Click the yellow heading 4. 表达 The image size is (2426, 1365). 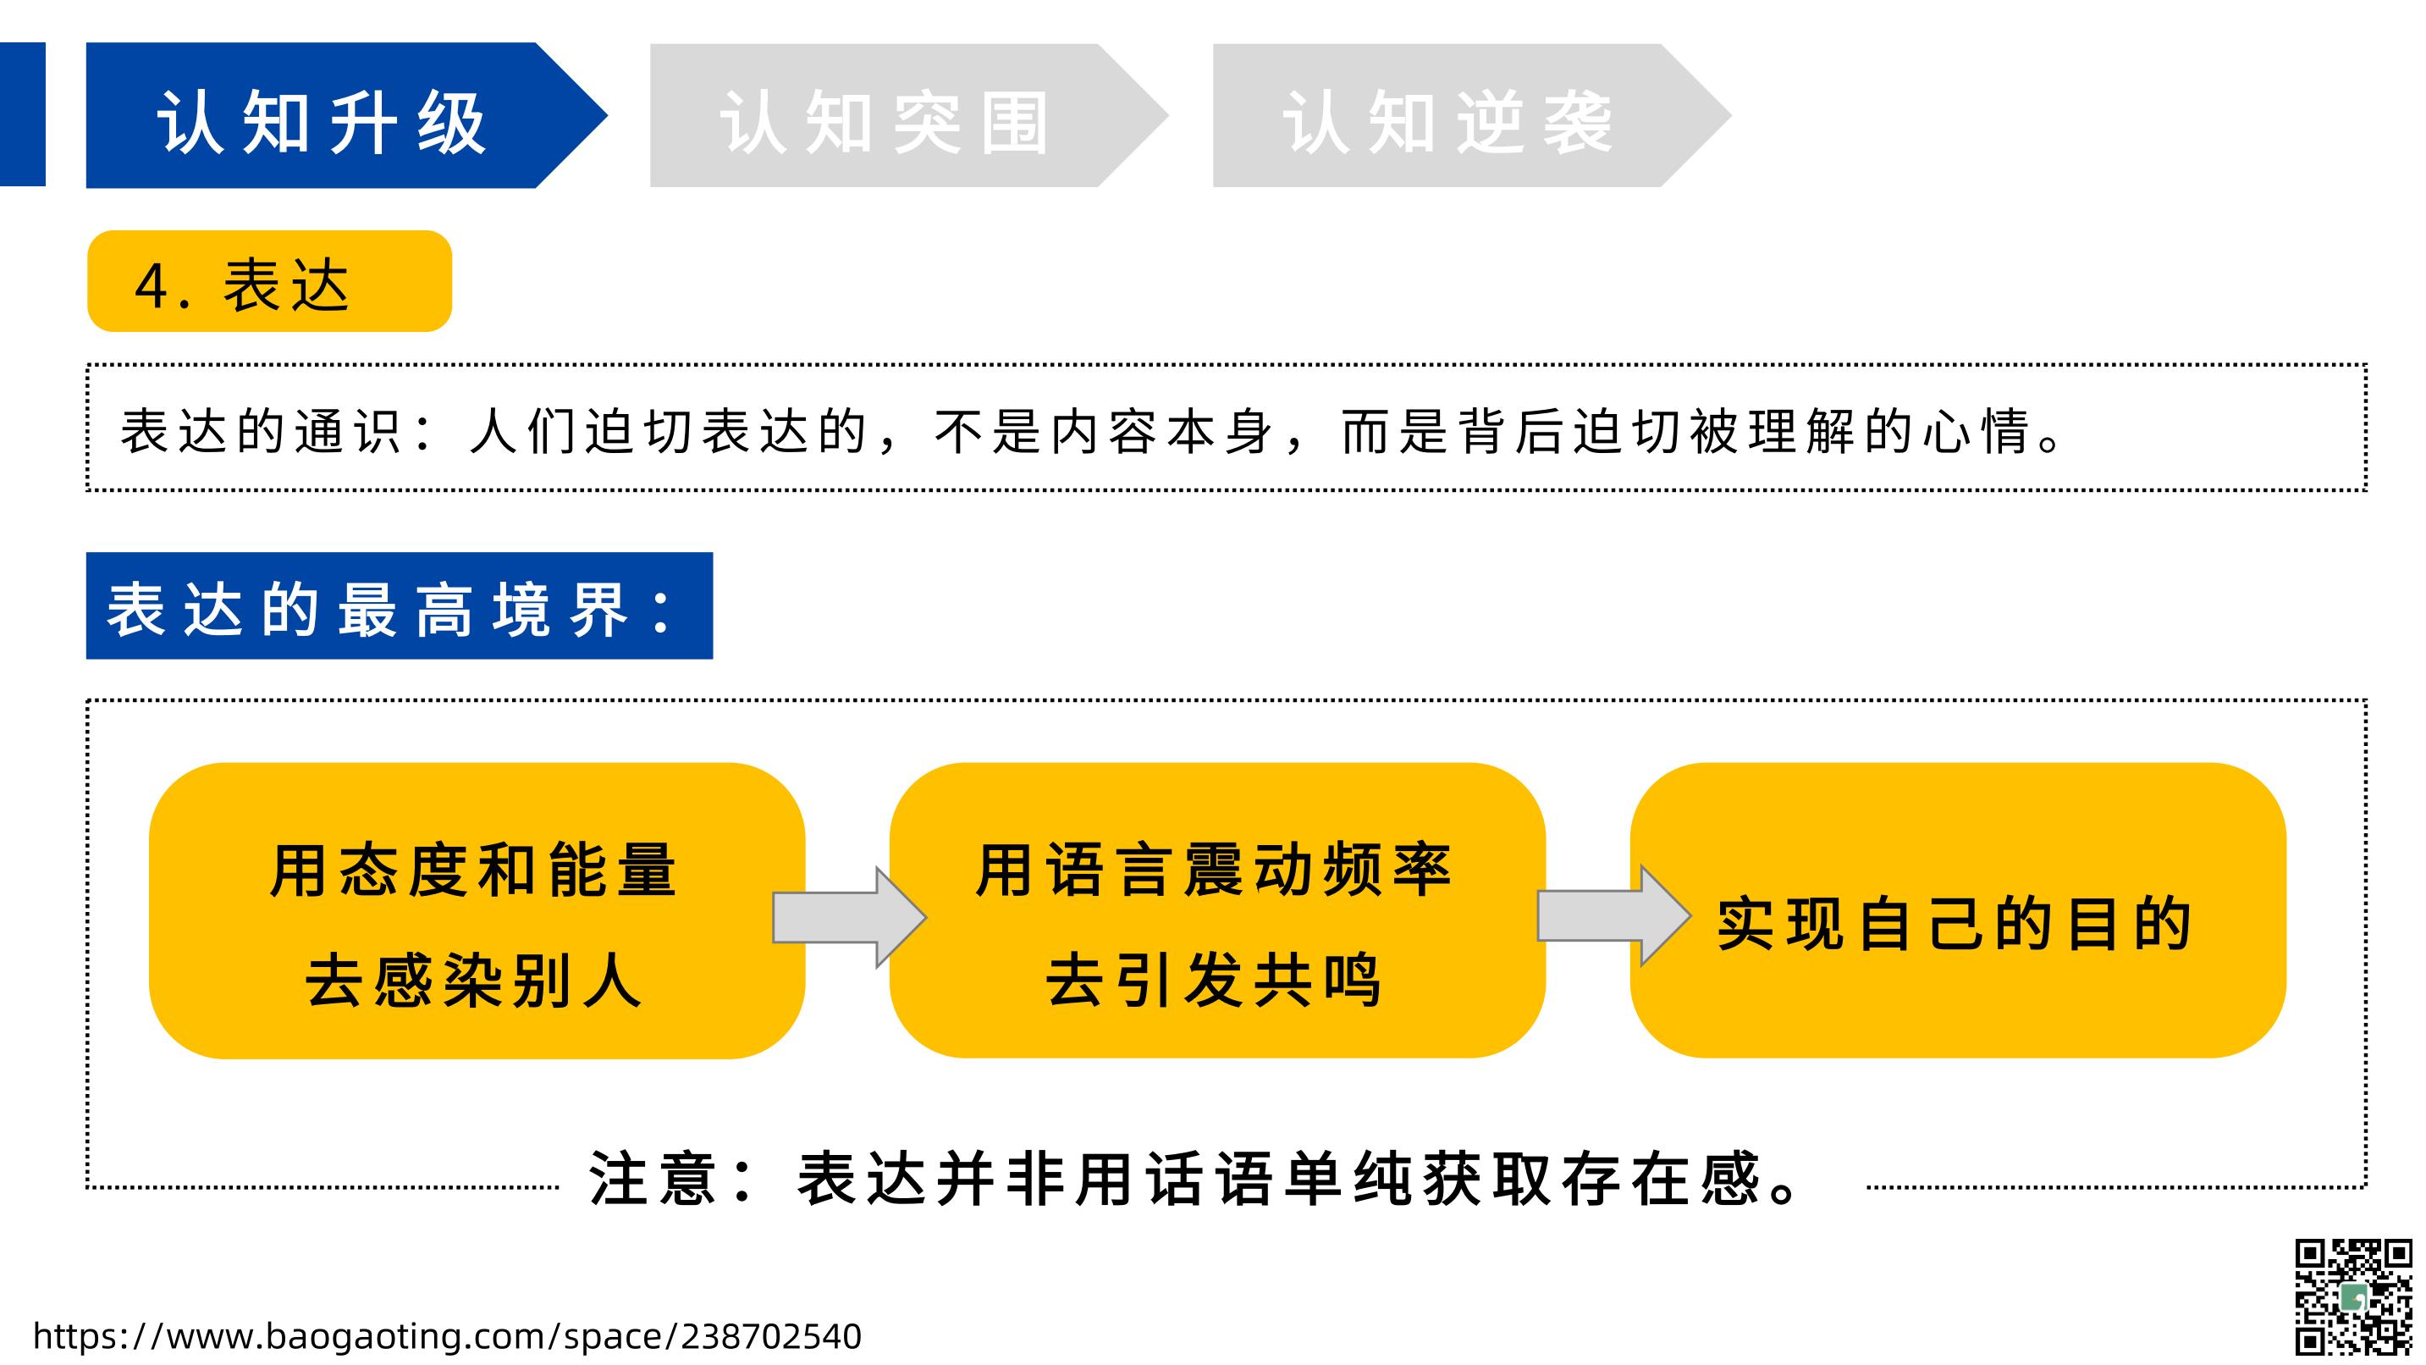(269, 281)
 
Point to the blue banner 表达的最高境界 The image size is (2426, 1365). (400, 605)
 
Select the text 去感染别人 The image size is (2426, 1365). (474, 981)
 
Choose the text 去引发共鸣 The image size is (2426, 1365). (1214, 981)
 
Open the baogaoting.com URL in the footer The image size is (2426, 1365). (447, 1336)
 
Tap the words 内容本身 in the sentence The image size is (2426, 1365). (1162, 433)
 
